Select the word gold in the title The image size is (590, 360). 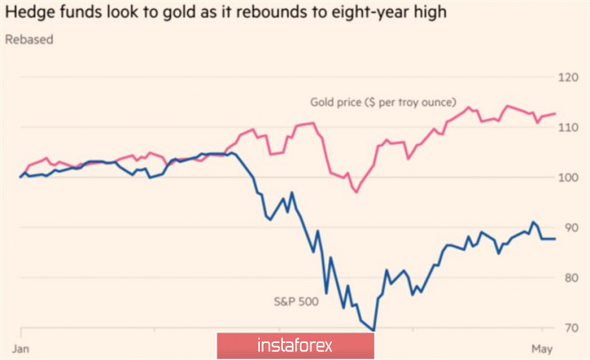click(x=183, y=14)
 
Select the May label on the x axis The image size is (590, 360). click(x=543, y=345)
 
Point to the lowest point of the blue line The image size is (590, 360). click(x=374, y=331)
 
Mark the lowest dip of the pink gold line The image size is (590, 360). click(x=356, y=192)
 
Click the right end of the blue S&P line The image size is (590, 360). click(x=555, y=239)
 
